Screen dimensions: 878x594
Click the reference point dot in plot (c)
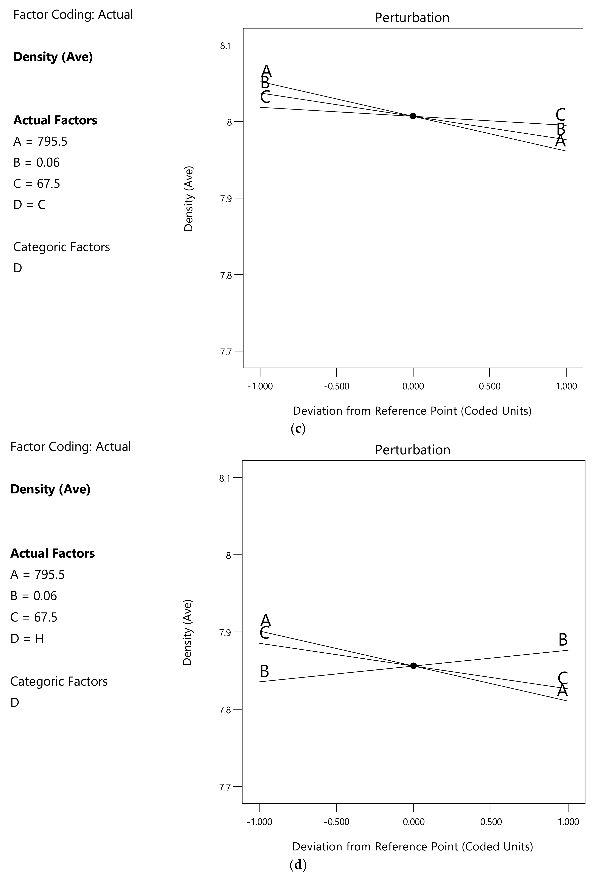click(413, 116)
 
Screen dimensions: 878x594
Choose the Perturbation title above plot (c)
click(412, 18)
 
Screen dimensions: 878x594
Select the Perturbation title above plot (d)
click(413, 450)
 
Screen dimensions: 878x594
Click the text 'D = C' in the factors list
click(30, 205)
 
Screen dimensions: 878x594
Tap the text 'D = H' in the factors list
click(27, 639)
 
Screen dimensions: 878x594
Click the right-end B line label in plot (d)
click(563, 640)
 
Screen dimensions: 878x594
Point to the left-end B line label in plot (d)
click(264, 671)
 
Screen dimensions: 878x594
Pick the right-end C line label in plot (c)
click(560, 115)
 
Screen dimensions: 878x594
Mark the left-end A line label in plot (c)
click(267, 71)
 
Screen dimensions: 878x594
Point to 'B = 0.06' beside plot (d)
click(34, 596)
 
